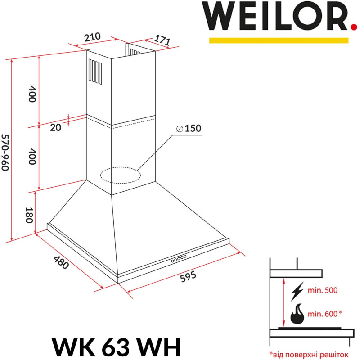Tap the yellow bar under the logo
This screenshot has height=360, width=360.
(x=279, y=40)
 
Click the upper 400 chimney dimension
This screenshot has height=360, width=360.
(x=31, y=94)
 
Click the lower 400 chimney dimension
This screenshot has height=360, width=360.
(x=31, y=156)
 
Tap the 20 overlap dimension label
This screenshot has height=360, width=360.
(x=55, y=127)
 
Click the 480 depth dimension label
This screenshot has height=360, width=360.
(x=61, y=262)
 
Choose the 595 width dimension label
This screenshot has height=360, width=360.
(x=188, y=276)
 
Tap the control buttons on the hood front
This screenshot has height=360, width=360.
(x=179, y=259)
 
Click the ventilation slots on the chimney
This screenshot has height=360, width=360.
(x=95, y=72)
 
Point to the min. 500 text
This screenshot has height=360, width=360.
(x=322, y=291)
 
